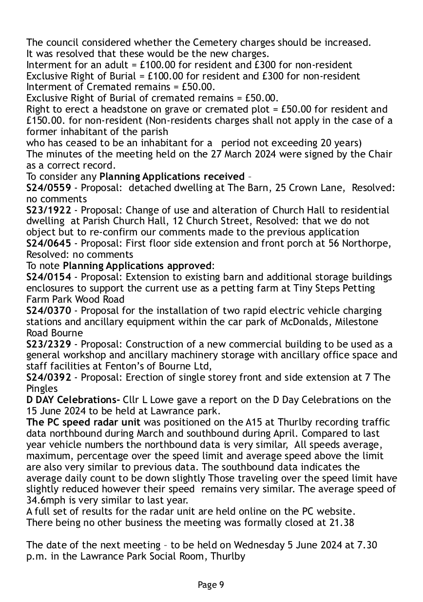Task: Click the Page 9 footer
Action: click(211, 584)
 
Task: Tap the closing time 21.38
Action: click(343, 522)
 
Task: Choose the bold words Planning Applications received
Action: click(172, 176)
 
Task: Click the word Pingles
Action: click(41, 388)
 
